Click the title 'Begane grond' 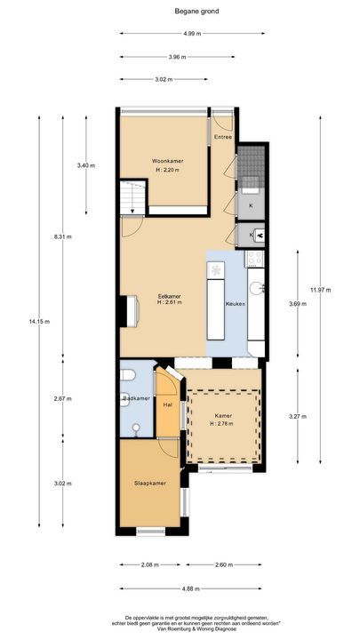point(180,12)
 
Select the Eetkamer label point(170,295)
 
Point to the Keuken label point(236,304)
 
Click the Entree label point(222,137)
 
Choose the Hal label point(166,405)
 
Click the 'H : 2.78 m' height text point(224,423)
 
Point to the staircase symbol point(131,195)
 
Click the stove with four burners point(254,259)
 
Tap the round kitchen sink point(255,288)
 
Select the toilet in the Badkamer point(126,375)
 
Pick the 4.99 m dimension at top point(191,33)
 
